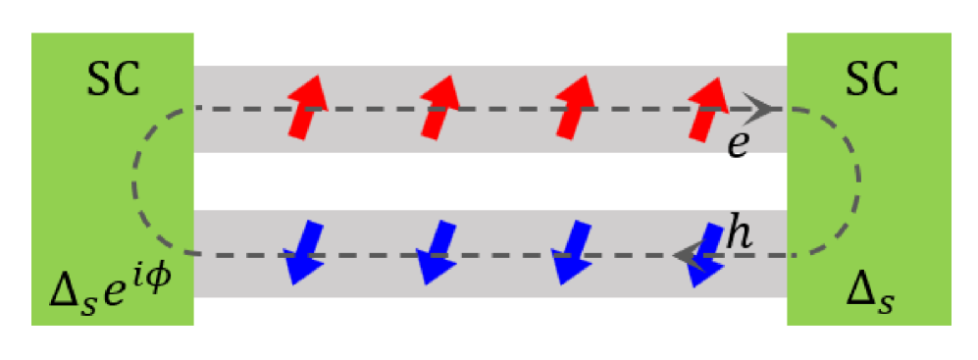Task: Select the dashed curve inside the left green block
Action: pos(136,181)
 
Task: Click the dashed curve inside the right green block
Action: pos(857,181)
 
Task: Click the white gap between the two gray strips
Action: pos(490,181)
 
